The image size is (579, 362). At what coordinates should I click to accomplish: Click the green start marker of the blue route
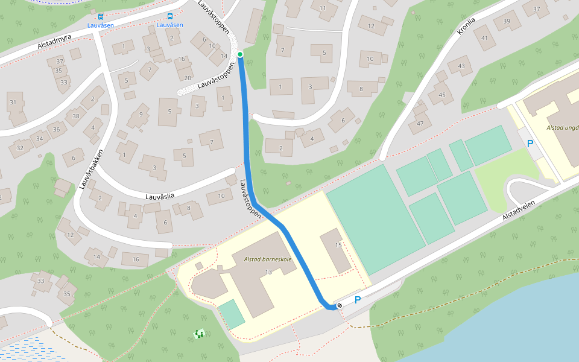pyautogui.click(x=240, y=54)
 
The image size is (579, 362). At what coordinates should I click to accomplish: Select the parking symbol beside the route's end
pyautogui.click(x=357, y=300)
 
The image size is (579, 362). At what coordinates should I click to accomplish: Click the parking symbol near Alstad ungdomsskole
pyautogui.click(x=530, y=144)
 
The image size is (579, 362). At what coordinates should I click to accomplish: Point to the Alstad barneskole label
pyautogui.click(x=268, y=259)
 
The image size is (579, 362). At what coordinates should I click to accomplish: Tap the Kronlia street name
pyautogui.click(x=466, y=25)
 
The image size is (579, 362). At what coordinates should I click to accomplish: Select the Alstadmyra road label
pyautogui.click(x=54, y=42)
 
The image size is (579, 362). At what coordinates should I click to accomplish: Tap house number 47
pyautogui.click(x=420, y=124)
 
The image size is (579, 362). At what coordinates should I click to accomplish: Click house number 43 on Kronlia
pyautogui.click(x=461, y=66)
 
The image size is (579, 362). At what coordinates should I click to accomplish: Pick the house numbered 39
pyautogui.click(x=507, y=22)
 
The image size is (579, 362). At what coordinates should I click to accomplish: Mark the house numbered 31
pyautogui.click(x=13, y=103)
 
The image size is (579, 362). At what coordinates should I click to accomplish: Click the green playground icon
pyautogui.click(x=198, y=334)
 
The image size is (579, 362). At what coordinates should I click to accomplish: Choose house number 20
pyautogui.click(x=188, y=77)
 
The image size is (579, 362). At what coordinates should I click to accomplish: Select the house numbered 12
pyautogui.click(x=371, y=26)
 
